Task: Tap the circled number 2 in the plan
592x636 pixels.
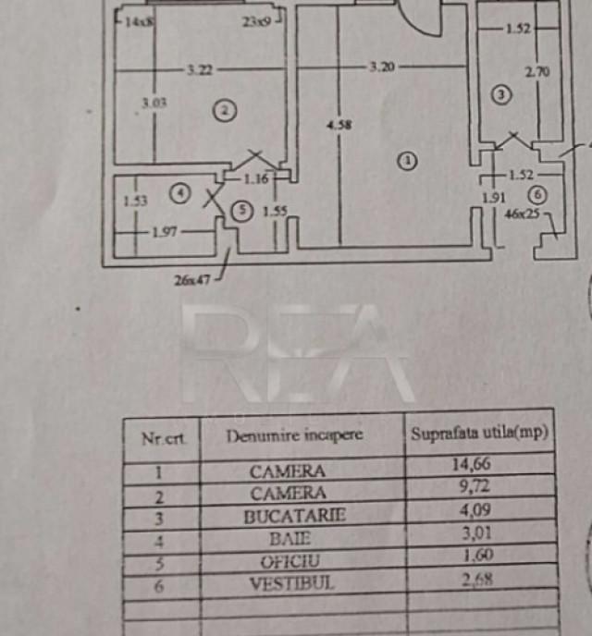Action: click(x=223, y=111)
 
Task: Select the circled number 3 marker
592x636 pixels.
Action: click(x=500, y=93)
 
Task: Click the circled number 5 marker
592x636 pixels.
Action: click(x=242, y=211)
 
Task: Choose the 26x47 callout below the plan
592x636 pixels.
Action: click(x=191, y=278)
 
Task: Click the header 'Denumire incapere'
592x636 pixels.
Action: click(x=294, y=435)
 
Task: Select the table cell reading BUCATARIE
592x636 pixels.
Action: click(x=294, y=516)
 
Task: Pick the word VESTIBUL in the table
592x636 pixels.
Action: click(x=291, y=583)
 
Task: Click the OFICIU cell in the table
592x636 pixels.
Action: click(x=291, y=560)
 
